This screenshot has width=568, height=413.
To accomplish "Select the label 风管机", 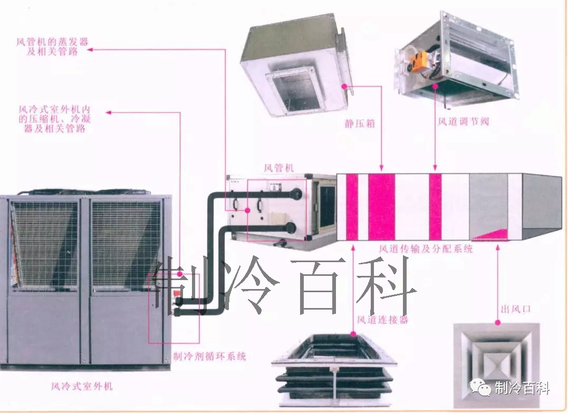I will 279,168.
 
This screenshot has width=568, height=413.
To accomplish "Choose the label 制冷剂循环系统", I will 210,356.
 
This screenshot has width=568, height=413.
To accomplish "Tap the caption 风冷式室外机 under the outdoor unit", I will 82,387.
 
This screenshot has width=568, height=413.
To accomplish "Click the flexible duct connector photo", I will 334,369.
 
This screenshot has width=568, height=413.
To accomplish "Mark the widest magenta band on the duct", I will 381,207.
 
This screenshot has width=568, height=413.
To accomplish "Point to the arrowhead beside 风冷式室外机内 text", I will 109,112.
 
